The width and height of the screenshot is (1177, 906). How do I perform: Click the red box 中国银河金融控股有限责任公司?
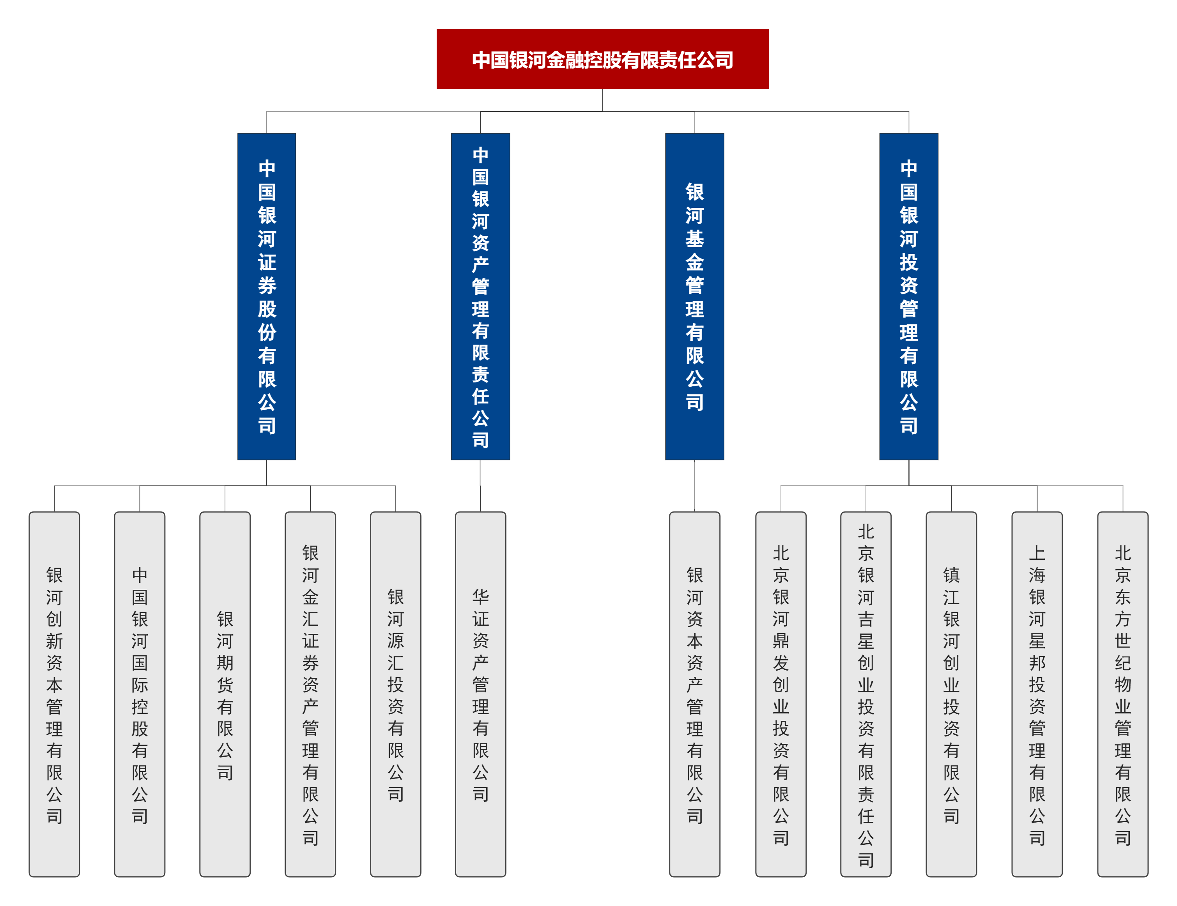coord(602,59)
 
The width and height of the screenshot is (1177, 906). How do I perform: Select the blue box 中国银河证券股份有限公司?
coord(267,296)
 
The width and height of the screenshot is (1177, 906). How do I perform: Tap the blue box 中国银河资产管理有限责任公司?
coord(480,296)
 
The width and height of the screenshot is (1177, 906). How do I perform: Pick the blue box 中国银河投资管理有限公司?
coord(909,296)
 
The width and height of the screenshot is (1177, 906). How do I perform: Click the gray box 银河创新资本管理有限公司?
coord(55,694)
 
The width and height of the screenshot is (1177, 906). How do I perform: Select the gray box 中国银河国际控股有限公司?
coord(140,694)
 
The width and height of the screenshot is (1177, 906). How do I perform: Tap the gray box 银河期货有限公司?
coord(225,694)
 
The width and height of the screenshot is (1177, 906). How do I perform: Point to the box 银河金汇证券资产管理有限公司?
coord(310,694)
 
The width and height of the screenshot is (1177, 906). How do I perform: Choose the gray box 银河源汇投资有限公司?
coord(396,694)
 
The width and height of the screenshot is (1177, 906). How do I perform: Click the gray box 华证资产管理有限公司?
coord(480,694)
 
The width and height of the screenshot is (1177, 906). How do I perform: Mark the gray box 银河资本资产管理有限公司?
coord(695,694)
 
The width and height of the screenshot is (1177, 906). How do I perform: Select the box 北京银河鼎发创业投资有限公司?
coord(781,694)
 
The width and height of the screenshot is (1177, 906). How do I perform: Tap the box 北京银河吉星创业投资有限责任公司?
coord(866,694)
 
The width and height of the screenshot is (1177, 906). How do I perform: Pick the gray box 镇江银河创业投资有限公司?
coord(951,694)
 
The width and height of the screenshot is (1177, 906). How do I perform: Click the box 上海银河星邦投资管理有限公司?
coord(1037,694)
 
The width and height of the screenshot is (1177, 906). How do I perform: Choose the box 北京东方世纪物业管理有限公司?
coord(1122,694)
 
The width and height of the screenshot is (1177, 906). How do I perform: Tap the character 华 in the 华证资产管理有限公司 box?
coord(480,596)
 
